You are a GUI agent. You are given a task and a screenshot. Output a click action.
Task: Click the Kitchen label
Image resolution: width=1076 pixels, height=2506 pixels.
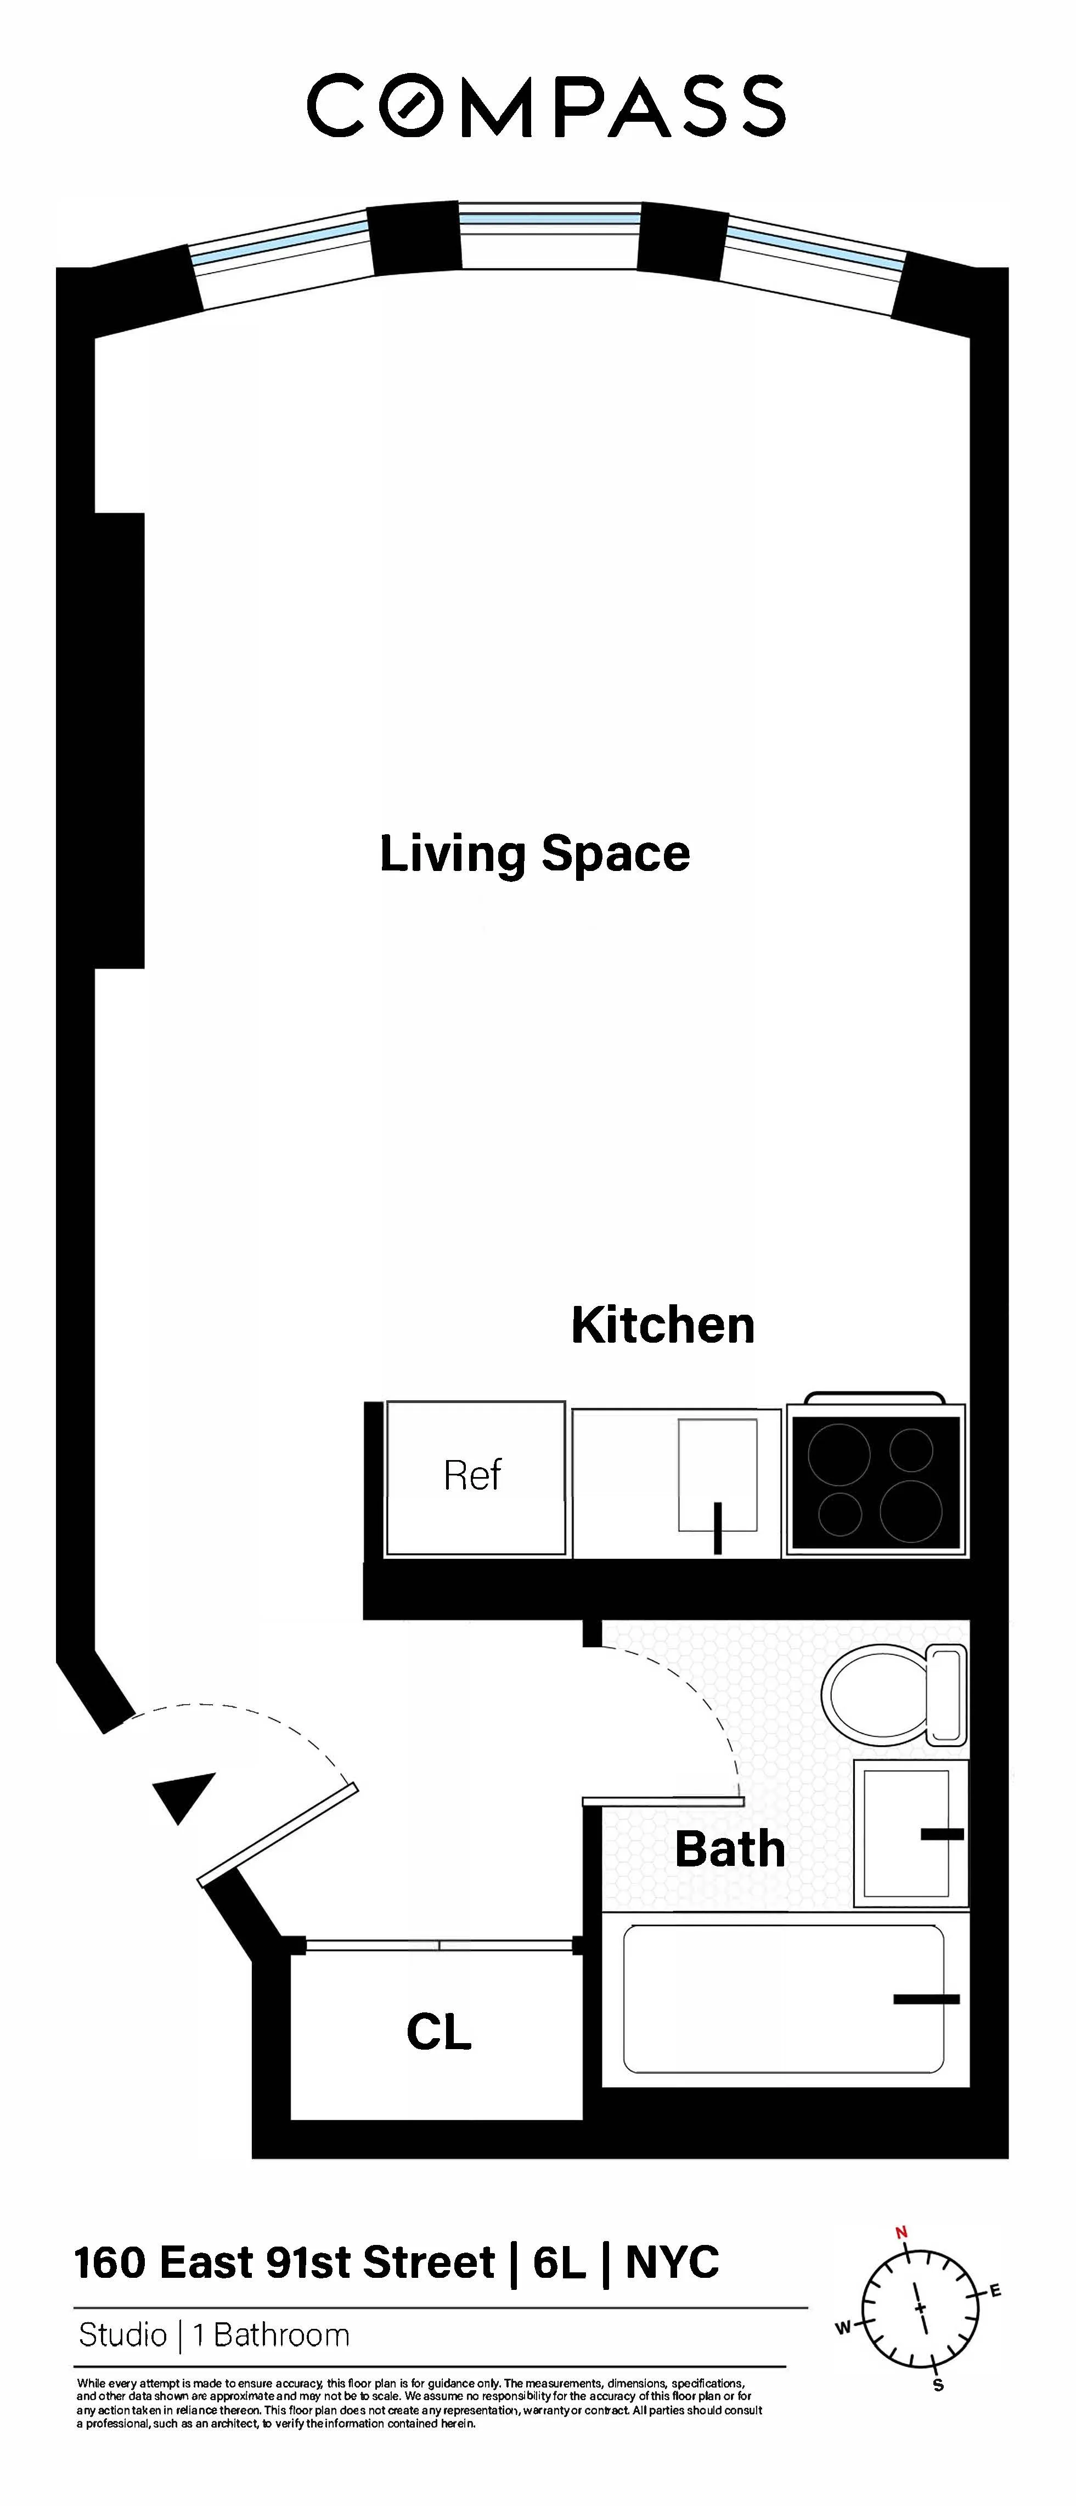[662, 1325]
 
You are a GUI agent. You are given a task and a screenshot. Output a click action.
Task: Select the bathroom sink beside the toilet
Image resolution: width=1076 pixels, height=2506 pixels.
[906, 1833]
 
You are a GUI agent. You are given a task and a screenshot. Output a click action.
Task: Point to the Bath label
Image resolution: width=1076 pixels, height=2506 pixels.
[730, 1849]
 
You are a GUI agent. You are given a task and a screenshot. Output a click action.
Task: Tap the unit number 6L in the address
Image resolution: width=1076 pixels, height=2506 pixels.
[560, 2264]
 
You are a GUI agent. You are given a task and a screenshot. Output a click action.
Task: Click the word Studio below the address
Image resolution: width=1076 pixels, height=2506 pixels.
[122, 2335]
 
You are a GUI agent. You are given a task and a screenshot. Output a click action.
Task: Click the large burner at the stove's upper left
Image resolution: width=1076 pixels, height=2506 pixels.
[838, 1453]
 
